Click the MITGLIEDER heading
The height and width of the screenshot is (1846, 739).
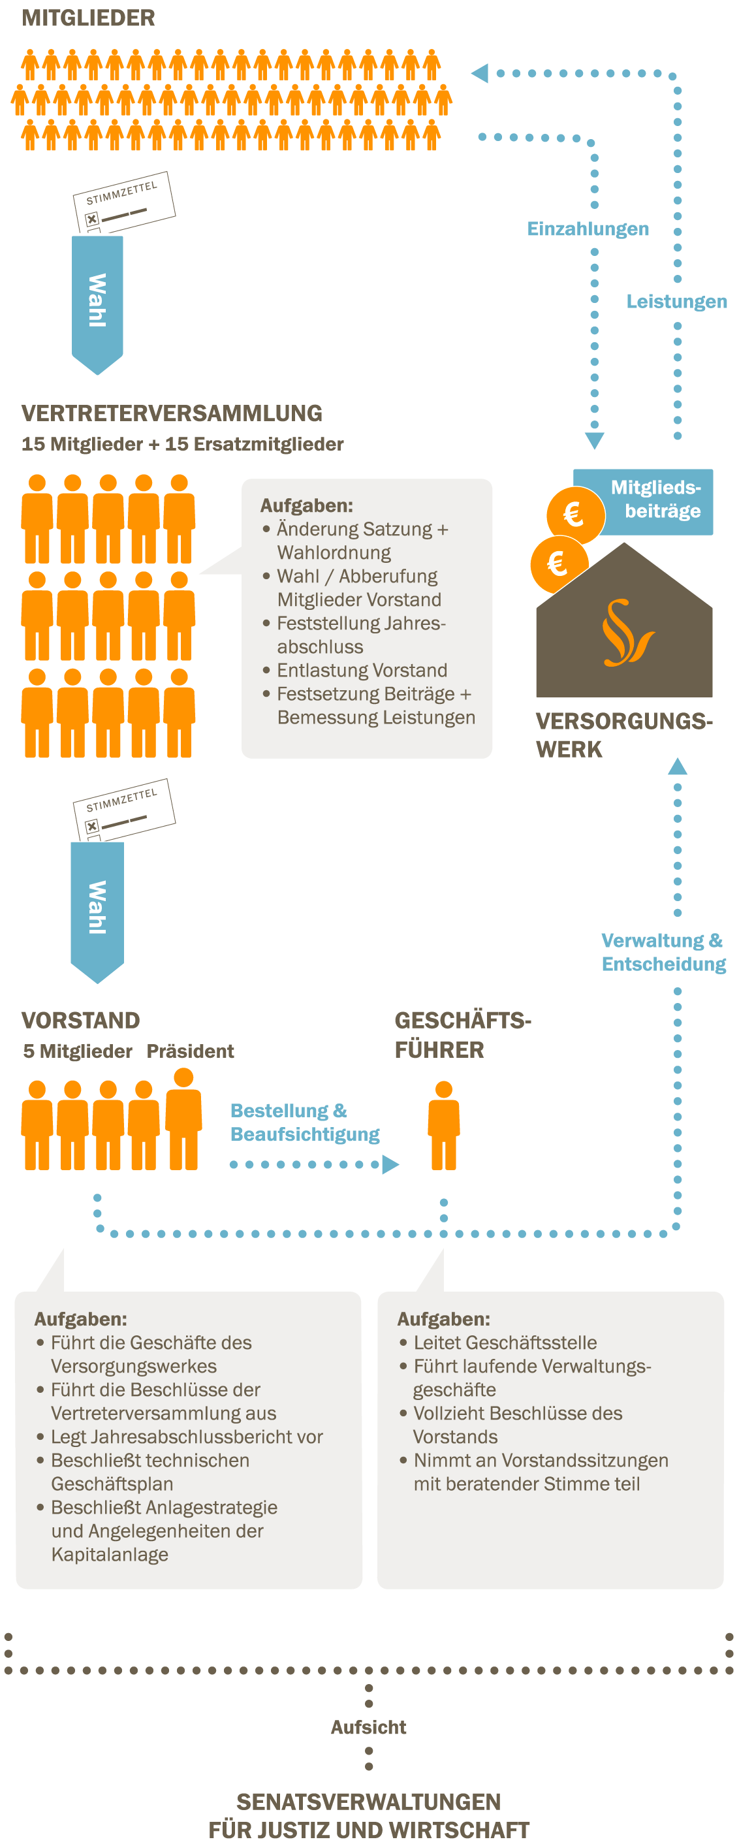click(88, 18)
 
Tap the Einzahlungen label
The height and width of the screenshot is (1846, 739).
click(588, 229)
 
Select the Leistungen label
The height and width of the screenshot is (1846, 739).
click(676, 302)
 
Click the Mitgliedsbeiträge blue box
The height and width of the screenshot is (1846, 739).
click(654, 500)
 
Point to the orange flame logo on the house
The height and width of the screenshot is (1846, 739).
click(627, 633)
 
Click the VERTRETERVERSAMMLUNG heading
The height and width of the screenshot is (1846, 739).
click(172, 413)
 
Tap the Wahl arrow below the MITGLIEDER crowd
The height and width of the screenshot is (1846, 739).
click(97, 301)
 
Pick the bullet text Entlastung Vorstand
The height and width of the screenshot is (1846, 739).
click(362, 671)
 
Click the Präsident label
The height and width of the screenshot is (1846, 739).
click(190, 1051)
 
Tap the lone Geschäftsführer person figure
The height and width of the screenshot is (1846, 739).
click(444, 1125)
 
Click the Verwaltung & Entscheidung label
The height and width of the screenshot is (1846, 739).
click(663, 952)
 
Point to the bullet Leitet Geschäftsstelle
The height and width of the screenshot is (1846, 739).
click(505, 1343)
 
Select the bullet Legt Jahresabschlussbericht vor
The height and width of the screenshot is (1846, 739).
click(186, 1437)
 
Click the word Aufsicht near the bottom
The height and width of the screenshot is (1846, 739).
click(368, 1727)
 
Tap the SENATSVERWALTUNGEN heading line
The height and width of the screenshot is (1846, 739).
click(368, 1802)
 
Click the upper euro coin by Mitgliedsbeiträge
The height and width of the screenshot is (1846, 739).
click(574, 515)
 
